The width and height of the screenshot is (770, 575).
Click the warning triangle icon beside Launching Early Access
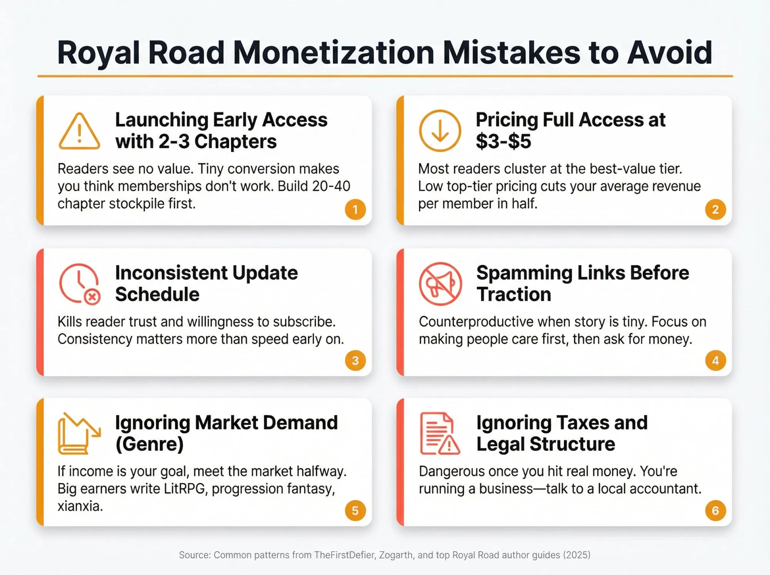click(x=79, y=131)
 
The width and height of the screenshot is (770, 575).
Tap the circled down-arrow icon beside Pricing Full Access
click(x=440, y=131)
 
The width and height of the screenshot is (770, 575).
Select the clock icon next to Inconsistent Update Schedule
click(x=80, y=284)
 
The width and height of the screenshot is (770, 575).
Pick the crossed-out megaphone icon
click(x=440, y=284)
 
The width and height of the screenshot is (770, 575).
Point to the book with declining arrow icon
click(x=79, y=434)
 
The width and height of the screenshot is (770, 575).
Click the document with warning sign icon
click(x=439, y=434)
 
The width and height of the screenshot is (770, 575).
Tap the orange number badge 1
click(x=355, y=210)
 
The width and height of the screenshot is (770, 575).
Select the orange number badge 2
click(x=715, y=210)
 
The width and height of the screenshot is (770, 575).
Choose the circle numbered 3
click(x=355, y=360)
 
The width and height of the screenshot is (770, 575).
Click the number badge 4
click(x=715, y=360)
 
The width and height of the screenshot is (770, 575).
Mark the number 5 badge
click(x=355, y=511)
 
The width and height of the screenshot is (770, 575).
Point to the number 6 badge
click(x=715, y=511)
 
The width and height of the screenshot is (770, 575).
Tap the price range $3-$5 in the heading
click(x=503, y=141)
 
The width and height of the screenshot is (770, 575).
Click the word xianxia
click(x=80, y=506)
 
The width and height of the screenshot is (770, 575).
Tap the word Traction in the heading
click(x=514, y=294)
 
